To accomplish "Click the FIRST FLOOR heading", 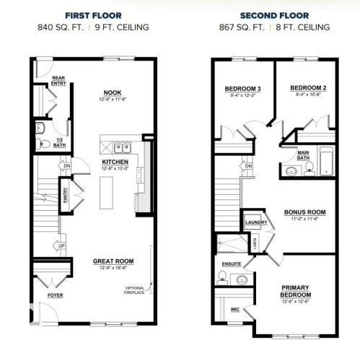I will tap(94, 14).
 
